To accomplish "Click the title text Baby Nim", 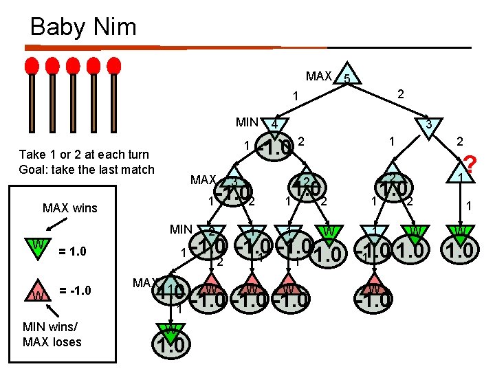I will (x=83, y=27).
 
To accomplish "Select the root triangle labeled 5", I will (x=348, y=78).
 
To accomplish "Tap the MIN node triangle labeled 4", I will (x=274, y=124).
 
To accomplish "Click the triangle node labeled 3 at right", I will (x=427, y=124).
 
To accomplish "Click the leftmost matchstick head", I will (x=32, y=66).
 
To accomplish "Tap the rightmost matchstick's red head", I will (x=114, y=66).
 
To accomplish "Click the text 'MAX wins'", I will (x=69, y=207).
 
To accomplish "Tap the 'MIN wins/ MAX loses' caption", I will (x=52, y=335).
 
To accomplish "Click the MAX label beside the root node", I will (x=318, y=76).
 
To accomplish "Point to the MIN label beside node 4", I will (x=247, y=123).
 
